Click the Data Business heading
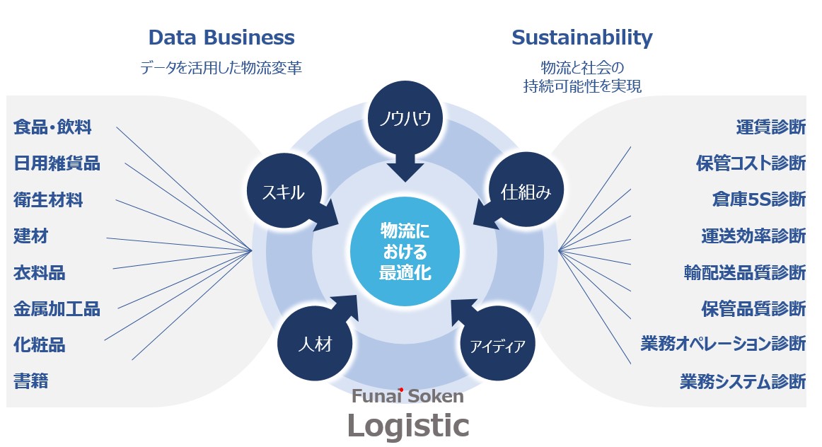point(221,37)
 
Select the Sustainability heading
point(581,37)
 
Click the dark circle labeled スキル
point(283,192)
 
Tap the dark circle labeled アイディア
point(497,346)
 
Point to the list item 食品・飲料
point(53,127)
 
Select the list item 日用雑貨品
point(57,163)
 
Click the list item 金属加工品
point(57,308)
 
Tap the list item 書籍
point(31,381)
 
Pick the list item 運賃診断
point(770,127)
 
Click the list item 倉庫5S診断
point(758,199)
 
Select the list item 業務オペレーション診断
point(723,344)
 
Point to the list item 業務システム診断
point(743,381)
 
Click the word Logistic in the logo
point(407,426)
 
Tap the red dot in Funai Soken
point(401,389)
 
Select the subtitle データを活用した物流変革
point(221,68)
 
